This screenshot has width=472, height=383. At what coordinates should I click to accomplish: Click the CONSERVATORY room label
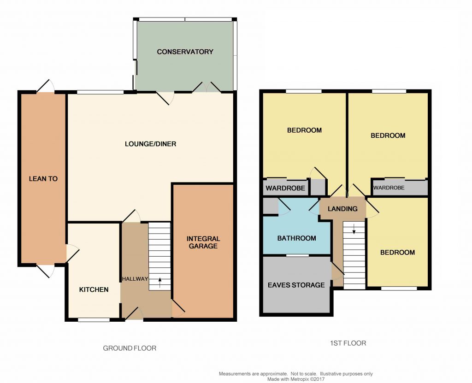pyautogui.click(x=185, y=52)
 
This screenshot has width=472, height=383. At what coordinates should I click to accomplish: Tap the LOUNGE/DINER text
pyautogui.click(x=150, y=144)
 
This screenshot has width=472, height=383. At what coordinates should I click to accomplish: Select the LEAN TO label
pyautogui.click(x=43, y=178)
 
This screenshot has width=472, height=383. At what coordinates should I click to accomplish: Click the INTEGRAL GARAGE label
pyautogui.click(x=203, y=242)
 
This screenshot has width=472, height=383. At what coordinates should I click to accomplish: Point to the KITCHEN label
pyautogui.click(x=94, y=289)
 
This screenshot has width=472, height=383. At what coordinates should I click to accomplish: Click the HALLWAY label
pyautogui.click(x=135, y=279)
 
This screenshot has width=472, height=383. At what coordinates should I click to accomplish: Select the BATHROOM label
pyautogui.click(x=296, y=238)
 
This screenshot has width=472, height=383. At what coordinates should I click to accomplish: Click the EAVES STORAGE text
pyautogui.click(x=296, y=285)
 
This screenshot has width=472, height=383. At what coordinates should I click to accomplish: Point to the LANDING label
pyautogui.click(x=342, y=209)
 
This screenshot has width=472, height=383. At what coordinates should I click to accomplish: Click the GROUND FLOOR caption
pyautogui.click(x=130, y=348)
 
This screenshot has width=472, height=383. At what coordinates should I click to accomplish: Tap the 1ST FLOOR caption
pyautogui.click(x=348, y=343)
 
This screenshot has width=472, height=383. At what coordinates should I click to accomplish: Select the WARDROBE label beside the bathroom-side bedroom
pyautogui.click(x=285, y=188)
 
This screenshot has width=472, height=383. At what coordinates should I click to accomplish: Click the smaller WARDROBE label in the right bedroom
pyautogui.click(x=389, y=188)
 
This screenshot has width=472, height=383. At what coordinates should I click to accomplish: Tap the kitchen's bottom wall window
pyautogui.click(x=94, y=319)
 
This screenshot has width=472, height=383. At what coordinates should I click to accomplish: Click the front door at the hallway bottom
pyautogui.click(x=134, y=315)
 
